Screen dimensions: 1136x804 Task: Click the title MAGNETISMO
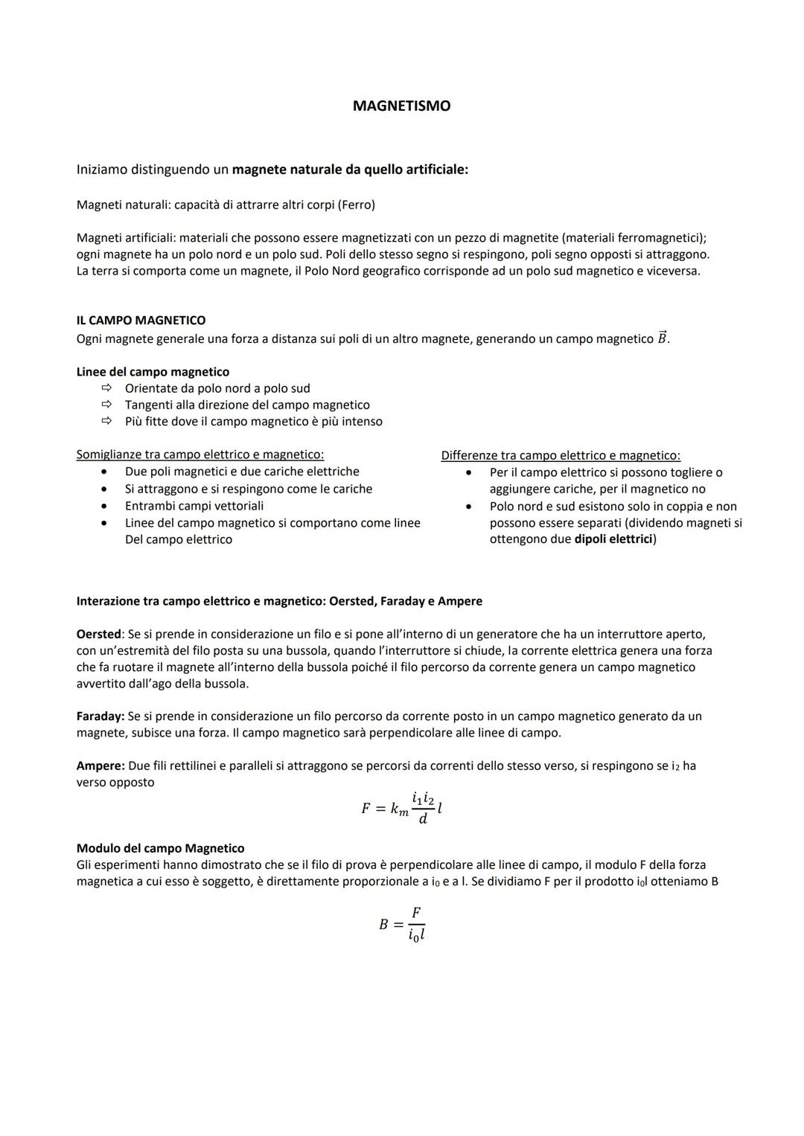[x=401, y=106]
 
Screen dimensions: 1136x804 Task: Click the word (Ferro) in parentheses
[x=357, y=205]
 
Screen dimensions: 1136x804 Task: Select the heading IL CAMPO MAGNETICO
[x=141, y=321]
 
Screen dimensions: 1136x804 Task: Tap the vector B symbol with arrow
[x=662, y=338]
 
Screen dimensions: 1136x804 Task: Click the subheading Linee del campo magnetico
[x=153, y=372]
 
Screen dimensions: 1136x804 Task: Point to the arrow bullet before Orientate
[x=106, y=388]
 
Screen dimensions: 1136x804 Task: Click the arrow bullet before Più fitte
[x=106, y=421]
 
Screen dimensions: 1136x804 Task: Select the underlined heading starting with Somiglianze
[x=200, y=455]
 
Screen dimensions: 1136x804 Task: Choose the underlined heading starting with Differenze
[x=560, y=455]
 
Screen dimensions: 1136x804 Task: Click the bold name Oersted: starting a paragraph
[x=100, y=635]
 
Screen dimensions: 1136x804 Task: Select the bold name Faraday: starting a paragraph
[x=100, y=716]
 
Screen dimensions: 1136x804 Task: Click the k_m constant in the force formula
[x=400, y=809]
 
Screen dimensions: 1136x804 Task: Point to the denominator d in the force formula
[x=423, y=820]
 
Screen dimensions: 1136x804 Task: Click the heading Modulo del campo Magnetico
[x=160, y=848]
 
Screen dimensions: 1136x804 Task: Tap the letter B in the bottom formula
[x=383, y=925]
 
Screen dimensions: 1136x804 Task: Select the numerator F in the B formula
[x=416, y=913]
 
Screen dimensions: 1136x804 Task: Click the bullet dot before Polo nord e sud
[x=469, y=507]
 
